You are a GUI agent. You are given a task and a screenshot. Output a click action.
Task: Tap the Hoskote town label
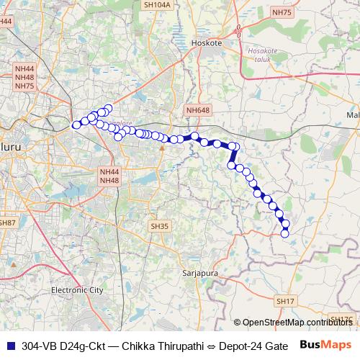pos(209,43)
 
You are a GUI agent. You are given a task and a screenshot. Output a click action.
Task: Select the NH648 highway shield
pos(197,109)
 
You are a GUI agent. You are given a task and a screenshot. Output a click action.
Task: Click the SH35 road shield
pos(159,226)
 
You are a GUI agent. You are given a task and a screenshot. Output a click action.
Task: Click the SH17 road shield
pos(285,300)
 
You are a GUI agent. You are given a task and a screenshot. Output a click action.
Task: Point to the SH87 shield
pos(6,223)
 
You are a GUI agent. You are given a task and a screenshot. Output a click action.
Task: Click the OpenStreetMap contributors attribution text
pos(295,322)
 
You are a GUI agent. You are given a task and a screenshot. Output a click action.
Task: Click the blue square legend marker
pos(10,346)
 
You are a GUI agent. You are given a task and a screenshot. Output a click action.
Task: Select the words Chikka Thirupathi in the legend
pos(153,346)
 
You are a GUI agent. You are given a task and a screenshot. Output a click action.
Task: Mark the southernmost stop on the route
pos(284,233)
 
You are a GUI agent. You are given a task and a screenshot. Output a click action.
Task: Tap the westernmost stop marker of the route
pos(76,125)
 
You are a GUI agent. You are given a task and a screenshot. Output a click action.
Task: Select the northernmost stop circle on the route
pos(108,109)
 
